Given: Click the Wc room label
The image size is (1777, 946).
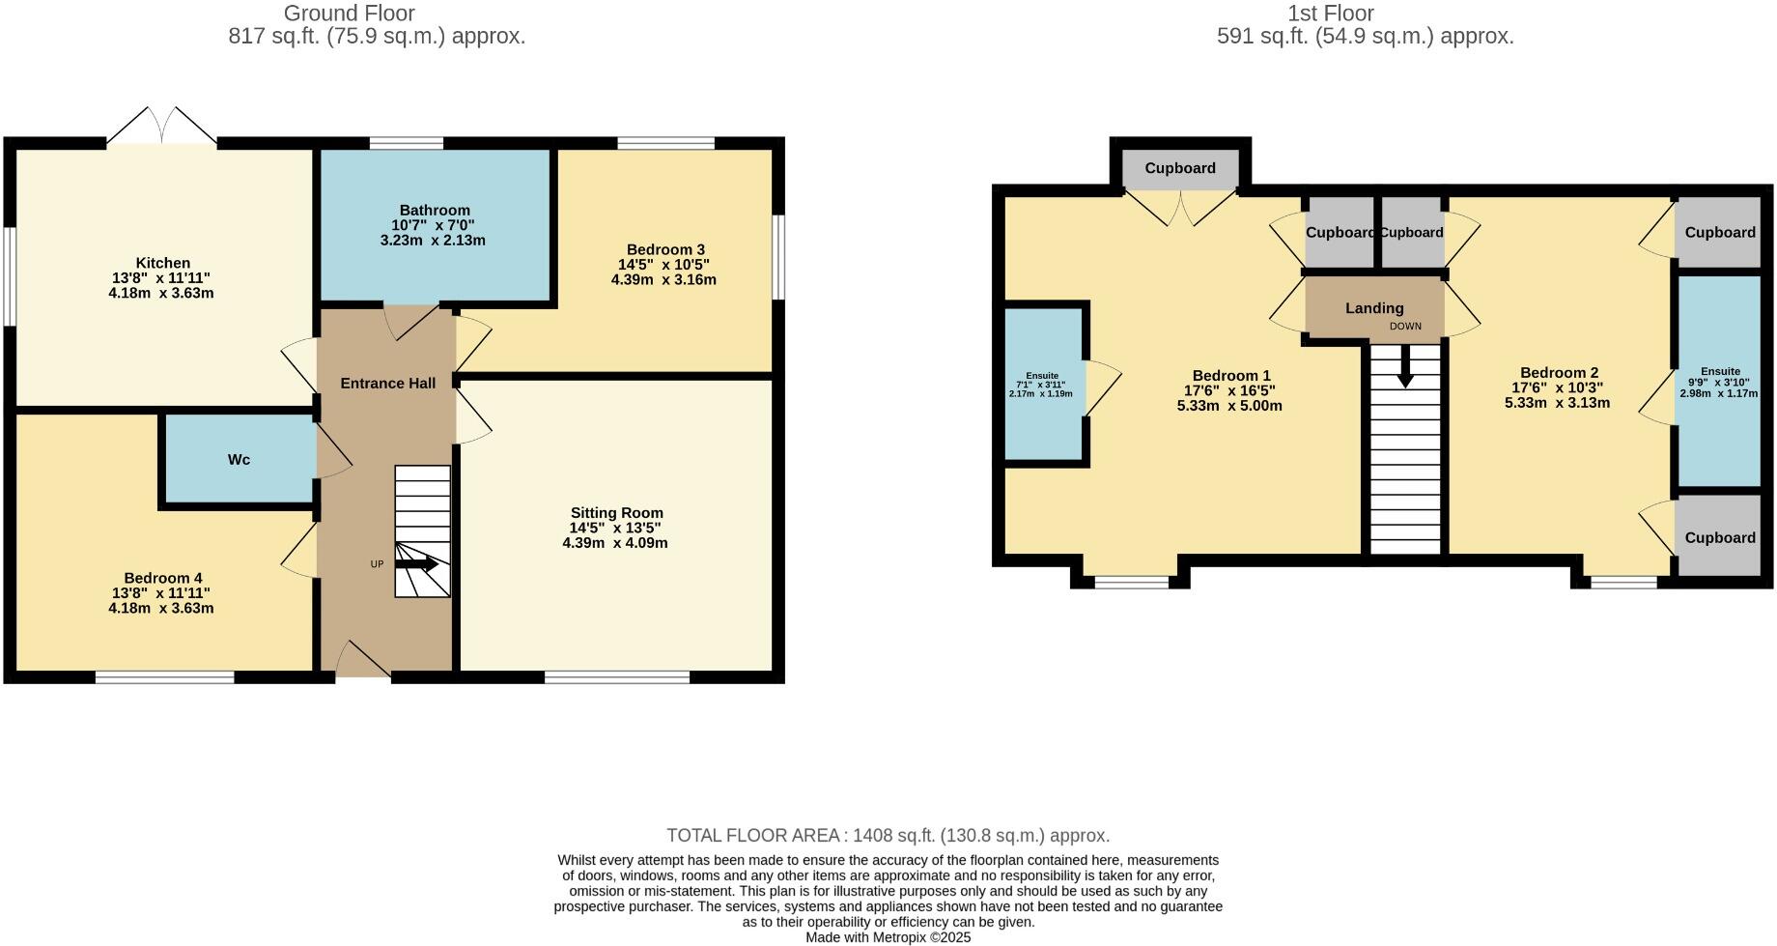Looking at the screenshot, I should coord(239,460).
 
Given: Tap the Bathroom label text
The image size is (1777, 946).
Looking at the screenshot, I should coord(435,210).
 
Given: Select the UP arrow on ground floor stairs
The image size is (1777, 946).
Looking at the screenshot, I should coord(417,563).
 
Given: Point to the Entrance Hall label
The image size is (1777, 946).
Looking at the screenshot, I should coord(387,384).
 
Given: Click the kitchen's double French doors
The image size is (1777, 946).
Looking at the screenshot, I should coord(161,126).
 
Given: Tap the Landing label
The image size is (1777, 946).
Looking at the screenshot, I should coord(1374,308).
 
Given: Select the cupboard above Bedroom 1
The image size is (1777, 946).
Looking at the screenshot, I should coord(1180,168).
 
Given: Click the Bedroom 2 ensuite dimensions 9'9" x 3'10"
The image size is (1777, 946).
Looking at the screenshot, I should coord(1720,383).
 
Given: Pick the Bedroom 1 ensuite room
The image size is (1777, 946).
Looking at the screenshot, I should coord(1043,385).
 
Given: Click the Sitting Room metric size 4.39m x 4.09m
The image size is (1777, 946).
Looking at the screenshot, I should coord(615,543).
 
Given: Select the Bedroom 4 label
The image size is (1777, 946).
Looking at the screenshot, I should coord(162,578).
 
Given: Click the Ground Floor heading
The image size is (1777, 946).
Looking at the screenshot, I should coord(349,14).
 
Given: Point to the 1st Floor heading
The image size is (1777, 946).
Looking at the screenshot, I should coord(1330,14).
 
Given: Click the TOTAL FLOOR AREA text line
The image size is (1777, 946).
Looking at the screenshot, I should coord(888,836).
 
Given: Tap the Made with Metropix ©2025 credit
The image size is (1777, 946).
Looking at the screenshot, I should coord(888,937).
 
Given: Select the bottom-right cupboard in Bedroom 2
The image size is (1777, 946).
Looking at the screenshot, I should coord(1719,538).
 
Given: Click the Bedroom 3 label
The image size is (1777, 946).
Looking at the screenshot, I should coord(665,249).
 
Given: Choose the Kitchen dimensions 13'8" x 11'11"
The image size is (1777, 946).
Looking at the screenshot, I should coord(161,278).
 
